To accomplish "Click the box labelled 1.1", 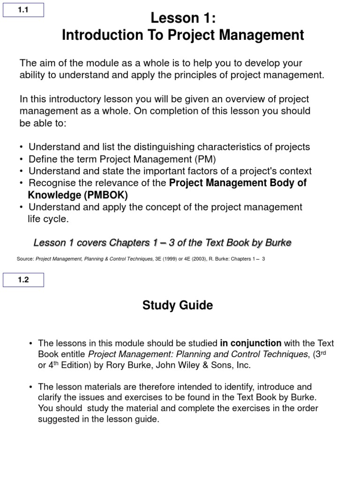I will pos(23,9).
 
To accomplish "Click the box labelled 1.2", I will pos(23,280).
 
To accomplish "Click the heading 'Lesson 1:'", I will pos(183,18).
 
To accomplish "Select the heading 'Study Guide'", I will pos(178,306).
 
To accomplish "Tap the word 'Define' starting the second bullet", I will pos(42,159).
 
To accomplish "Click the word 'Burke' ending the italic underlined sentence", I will pos(277,242).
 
